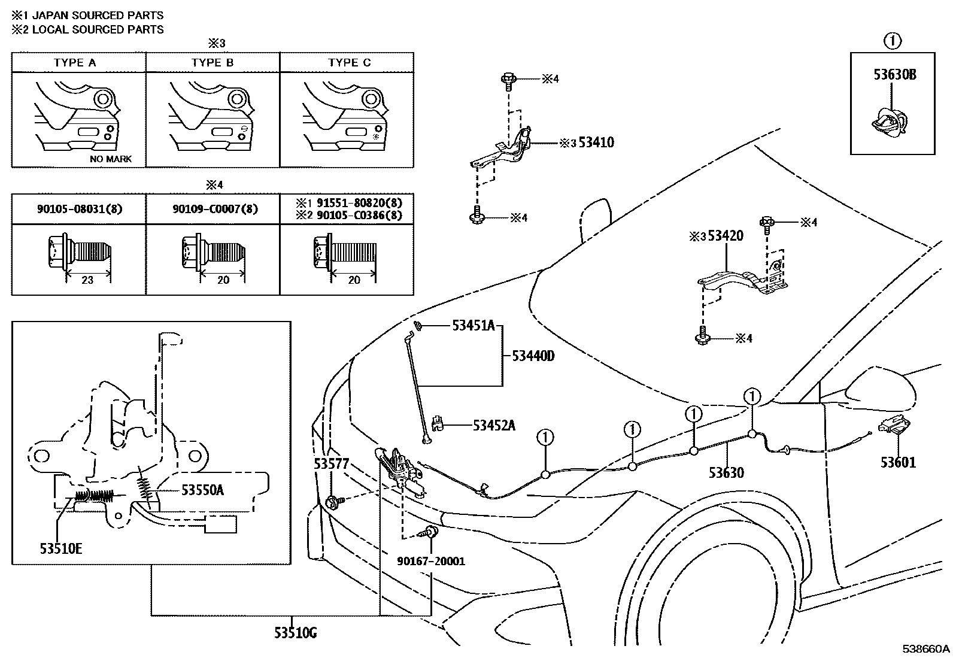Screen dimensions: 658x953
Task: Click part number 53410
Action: (596, 142)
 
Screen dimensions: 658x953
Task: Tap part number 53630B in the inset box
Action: (894, 75)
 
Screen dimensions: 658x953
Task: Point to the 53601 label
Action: (898, 462)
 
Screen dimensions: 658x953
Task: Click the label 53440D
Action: (533, 356)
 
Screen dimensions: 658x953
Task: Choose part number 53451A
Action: (473, 326)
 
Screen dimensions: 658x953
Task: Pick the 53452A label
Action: (494, 426)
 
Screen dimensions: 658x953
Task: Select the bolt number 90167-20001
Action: (431, 561)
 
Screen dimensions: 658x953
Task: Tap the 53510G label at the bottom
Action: (296, 632)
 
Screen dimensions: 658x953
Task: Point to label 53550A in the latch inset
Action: (202, 490)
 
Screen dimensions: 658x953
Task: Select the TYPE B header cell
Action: (213, 63)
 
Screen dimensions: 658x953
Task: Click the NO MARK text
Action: (110, 159)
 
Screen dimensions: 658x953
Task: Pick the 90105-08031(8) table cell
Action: (79, 210)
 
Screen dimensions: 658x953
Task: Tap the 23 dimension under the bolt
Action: (87, 280)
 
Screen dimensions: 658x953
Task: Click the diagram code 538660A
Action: (927, 649)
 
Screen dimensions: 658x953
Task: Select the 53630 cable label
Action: (726, 473)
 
